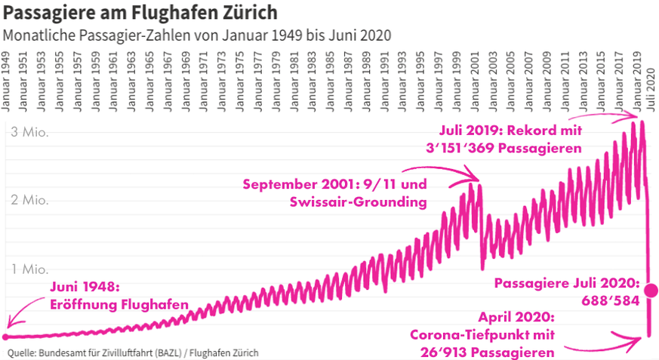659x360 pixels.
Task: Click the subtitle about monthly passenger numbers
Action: pos(197,35)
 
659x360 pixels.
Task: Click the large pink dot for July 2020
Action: pos(651,291)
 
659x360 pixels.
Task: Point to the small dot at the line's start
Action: pos(5,337)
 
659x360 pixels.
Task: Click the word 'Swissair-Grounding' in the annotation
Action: pos(359,202)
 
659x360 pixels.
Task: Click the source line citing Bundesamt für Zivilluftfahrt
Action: pos(133,352)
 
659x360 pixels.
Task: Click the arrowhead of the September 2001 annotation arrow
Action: pos(479,179)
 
